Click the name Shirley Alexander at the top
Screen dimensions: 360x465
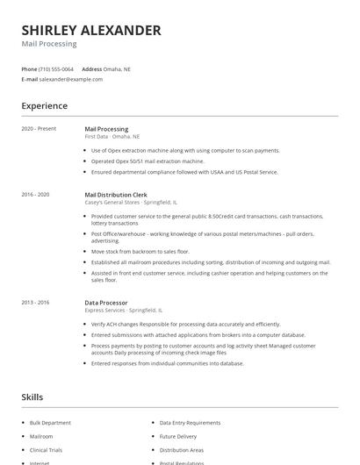pos(91,30)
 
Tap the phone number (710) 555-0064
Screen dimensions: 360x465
pos(57,68)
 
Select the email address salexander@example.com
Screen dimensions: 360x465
pos(71,79)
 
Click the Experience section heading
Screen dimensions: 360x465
pos(45,106)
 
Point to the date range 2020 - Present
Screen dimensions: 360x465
pos(39,129)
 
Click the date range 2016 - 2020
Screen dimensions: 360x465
pos(35,194)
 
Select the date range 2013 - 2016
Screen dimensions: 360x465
pos(35,303)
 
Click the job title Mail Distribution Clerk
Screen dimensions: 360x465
pos(116,194)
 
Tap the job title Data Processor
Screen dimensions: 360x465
pos(105,303)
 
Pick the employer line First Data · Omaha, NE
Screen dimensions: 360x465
pos(112,137)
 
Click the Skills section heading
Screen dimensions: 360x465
pos(32,397)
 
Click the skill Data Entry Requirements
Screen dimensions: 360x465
pos(190,423)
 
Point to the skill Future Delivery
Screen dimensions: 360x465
pos(178,436)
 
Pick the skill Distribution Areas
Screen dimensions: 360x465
pos(181,450)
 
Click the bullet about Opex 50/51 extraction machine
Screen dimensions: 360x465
pos(148,161)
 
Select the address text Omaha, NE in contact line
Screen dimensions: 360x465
pos(118,68)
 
